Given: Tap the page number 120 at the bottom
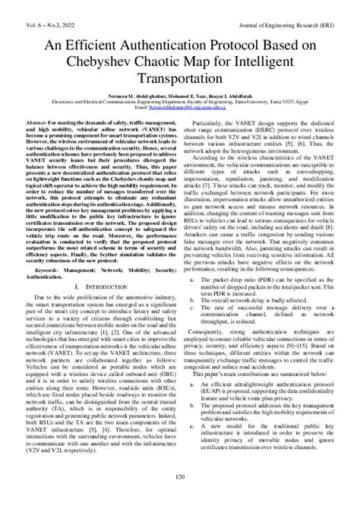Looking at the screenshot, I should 180,498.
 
